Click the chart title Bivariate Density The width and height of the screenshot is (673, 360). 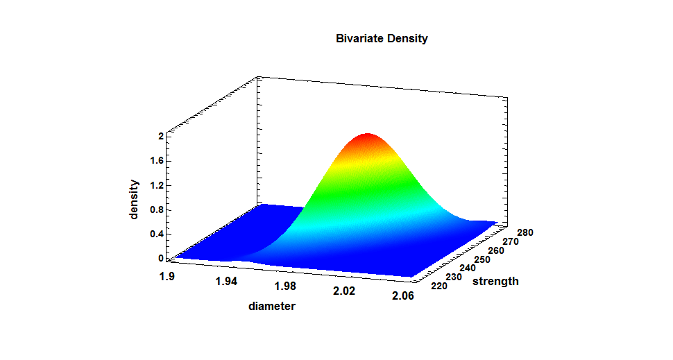click(x=382, y=39)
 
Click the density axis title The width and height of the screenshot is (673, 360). click(x=135, y=200)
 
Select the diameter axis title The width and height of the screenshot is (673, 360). click(x=271, y=306)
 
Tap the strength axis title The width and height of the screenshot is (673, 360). click(x=495, y=281)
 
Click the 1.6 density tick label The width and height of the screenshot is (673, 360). click(x=157, y=161)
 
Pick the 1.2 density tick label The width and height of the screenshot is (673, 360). click(x=157, y=185)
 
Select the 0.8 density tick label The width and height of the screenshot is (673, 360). click(x=157, y=209)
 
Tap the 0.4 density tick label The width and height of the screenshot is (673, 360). click(x=157, y=234)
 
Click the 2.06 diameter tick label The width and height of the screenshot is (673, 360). click(x=402, y=296)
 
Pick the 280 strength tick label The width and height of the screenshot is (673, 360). click(x=525, y=232)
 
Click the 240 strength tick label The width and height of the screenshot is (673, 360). click(x=463, y=268)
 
